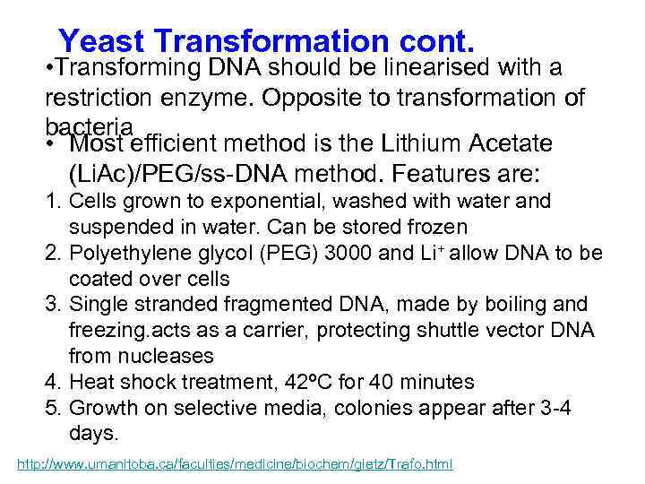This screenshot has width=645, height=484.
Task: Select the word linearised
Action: click(x=424, y=68)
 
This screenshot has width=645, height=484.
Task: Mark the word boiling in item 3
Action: click(x=504, y=304)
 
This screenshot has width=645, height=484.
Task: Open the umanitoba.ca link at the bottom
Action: click(x=236, y=464)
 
